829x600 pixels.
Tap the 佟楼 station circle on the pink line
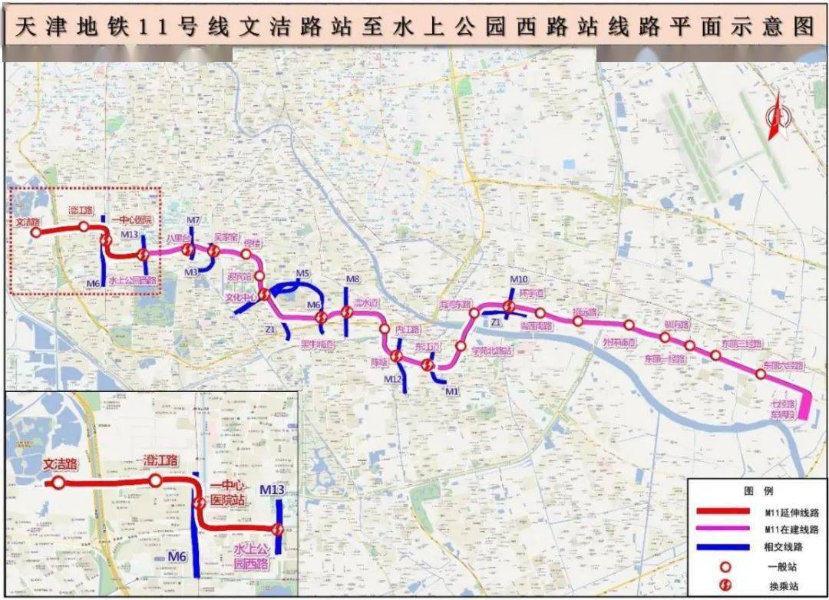[x=246, y=254]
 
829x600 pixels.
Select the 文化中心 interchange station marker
[x=264, y=295]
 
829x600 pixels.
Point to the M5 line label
[x=302, y=274]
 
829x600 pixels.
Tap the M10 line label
[x=518, y=279]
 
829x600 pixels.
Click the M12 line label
[x=392, y=379]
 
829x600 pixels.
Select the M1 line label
[x=451, y=392]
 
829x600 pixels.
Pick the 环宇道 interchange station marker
[x=508, y=308]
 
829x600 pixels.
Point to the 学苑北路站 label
[x=491, y=351]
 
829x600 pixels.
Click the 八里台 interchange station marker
[x=187, y=249]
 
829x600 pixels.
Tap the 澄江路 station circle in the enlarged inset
[x=155, y=481]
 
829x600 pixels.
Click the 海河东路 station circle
[x=474, y=313]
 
